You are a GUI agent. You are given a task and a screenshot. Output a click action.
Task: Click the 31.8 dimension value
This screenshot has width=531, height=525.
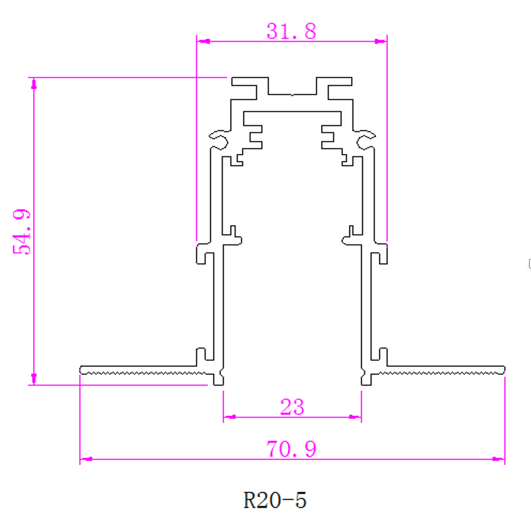[291, 32]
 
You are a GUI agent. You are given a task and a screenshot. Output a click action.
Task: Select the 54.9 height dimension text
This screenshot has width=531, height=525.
[24, 231]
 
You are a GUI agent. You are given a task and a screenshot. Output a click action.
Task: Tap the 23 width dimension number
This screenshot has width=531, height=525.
[292, 406]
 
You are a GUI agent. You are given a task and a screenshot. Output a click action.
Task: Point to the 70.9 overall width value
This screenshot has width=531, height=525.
[291, 449]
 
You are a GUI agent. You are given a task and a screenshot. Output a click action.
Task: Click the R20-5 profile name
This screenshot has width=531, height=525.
[275, 500]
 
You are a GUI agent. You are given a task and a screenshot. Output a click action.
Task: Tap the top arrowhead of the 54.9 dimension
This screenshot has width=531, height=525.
[34, 84]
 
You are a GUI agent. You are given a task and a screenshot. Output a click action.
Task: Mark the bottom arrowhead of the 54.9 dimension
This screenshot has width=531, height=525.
[34, 378]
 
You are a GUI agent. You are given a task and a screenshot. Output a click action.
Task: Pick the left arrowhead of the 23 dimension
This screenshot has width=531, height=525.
[229, 418]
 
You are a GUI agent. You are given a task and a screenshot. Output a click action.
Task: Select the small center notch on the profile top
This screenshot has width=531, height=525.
[291, 95]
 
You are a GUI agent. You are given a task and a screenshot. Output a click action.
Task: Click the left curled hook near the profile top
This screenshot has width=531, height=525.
[219, 137]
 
